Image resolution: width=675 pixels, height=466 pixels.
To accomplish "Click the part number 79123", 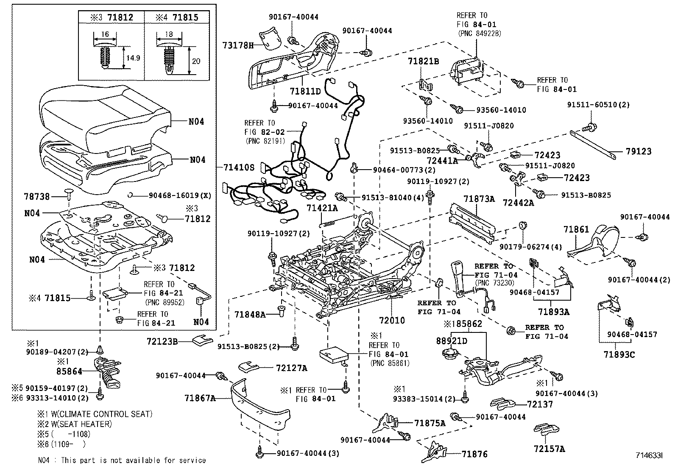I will tap(639, 151).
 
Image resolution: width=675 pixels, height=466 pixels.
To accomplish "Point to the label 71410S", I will tap(238, 167).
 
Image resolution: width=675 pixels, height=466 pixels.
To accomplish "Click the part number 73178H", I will tap(238, 45).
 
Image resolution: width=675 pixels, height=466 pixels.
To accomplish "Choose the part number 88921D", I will tap(452, 341).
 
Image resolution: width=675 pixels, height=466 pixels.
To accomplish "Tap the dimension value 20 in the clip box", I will tap(196, 61).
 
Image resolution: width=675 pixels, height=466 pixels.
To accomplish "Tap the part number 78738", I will tap(37, 196).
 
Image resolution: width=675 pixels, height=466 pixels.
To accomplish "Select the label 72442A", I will tap(518, 203).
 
